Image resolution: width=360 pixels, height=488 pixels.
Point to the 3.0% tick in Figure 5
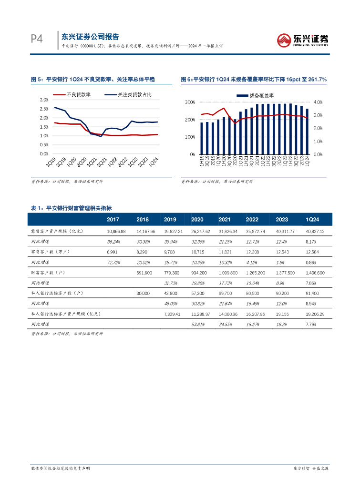(43, 100)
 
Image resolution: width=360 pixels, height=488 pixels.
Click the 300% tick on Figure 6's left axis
(189, 102)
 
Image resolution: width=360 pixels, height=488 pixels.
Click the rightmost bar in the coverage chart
(307, 132)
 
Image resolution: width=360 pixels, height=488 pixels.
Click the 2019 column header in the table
(170, 219)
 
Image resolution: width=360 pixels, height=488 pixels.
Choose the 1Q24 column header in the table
(312, 219)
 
